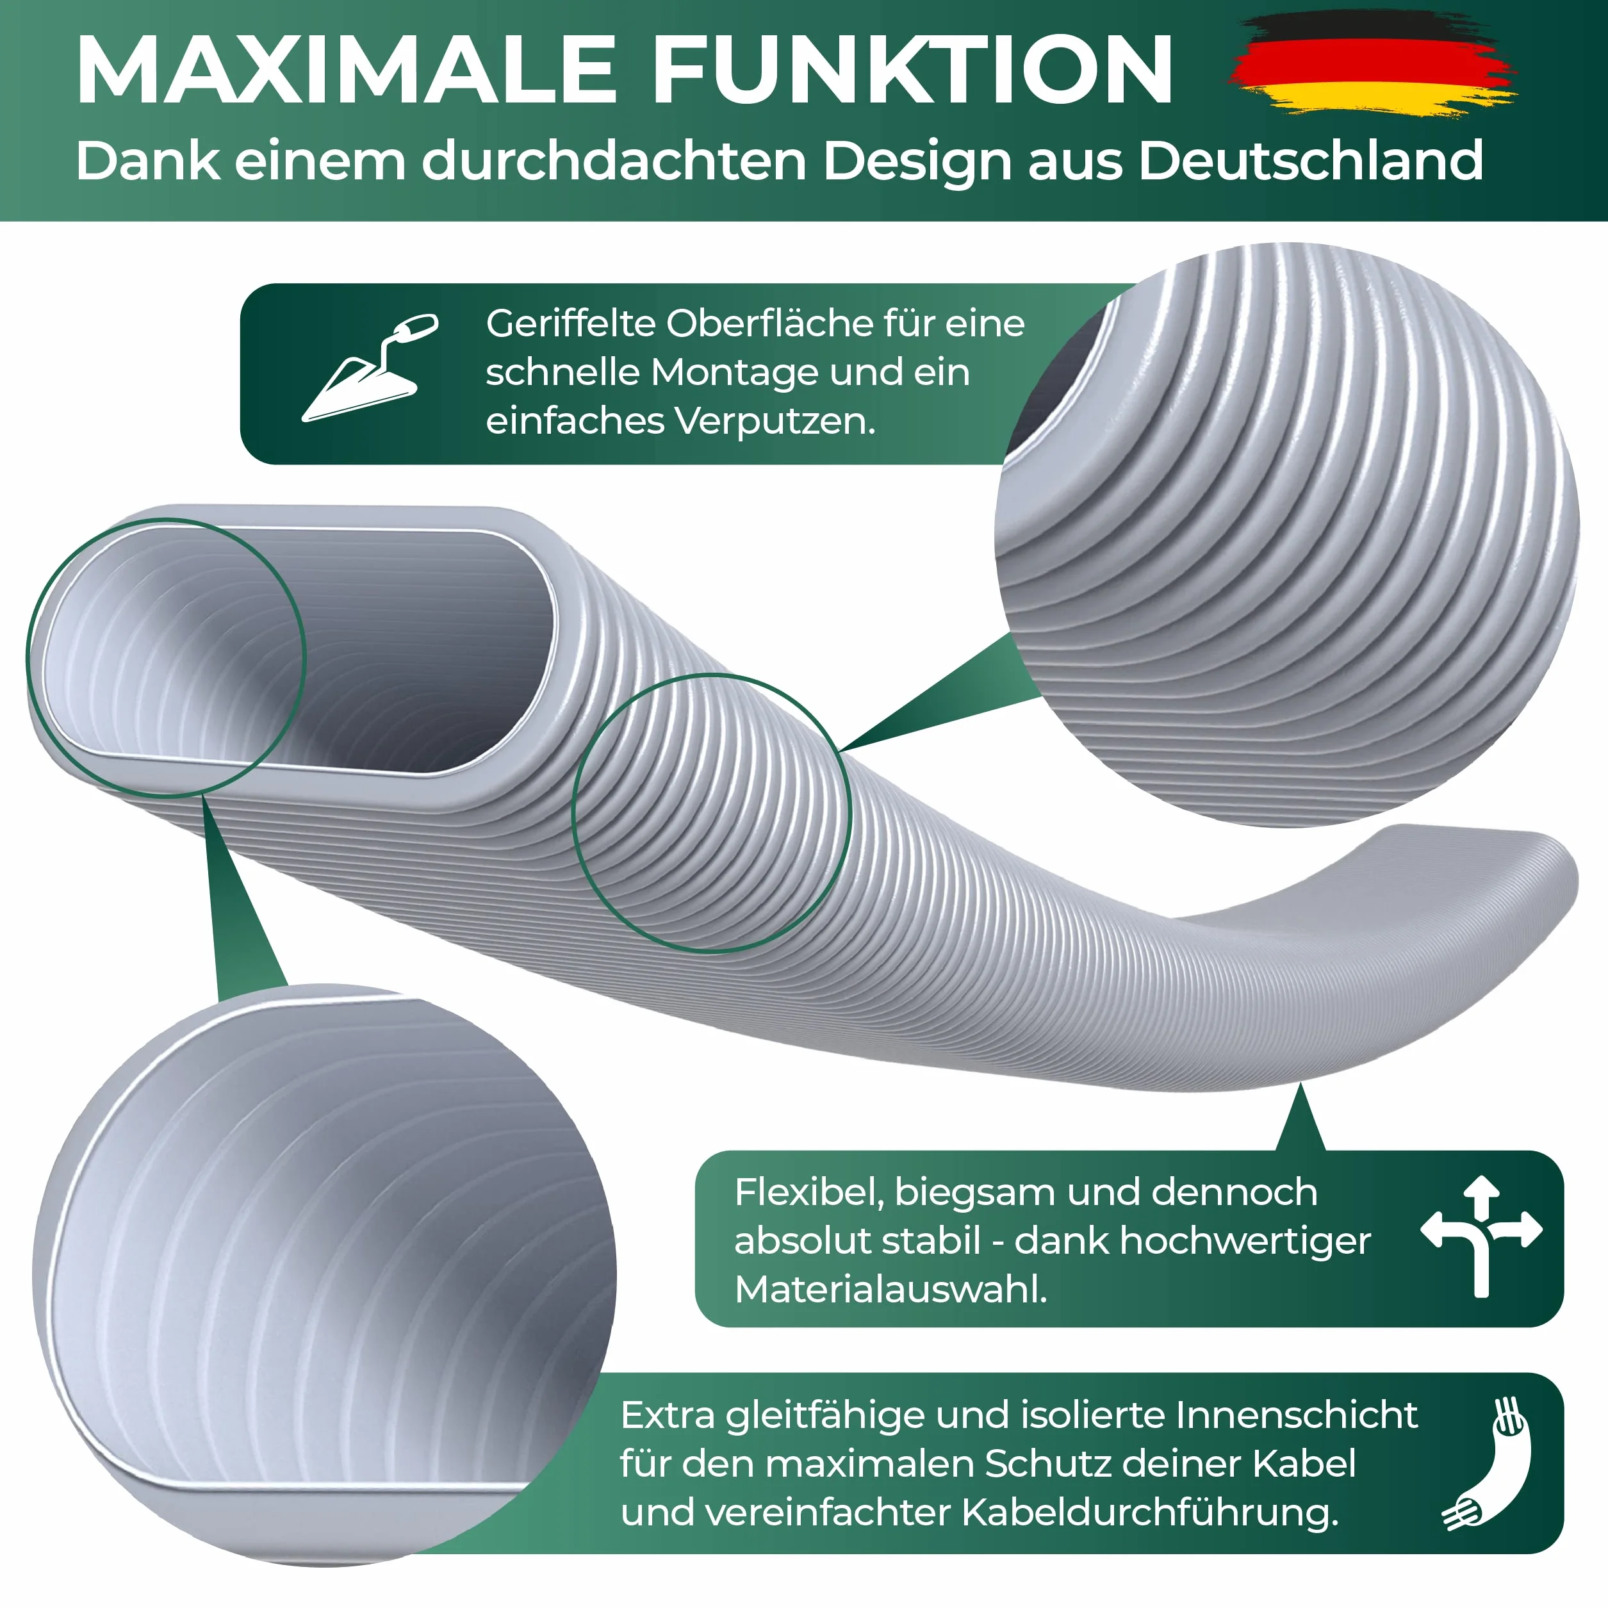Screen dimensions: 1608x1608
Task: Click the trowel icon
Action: coord(370,367)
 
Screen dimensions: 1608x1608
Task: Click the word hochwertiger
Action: coord(1245,1242)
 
